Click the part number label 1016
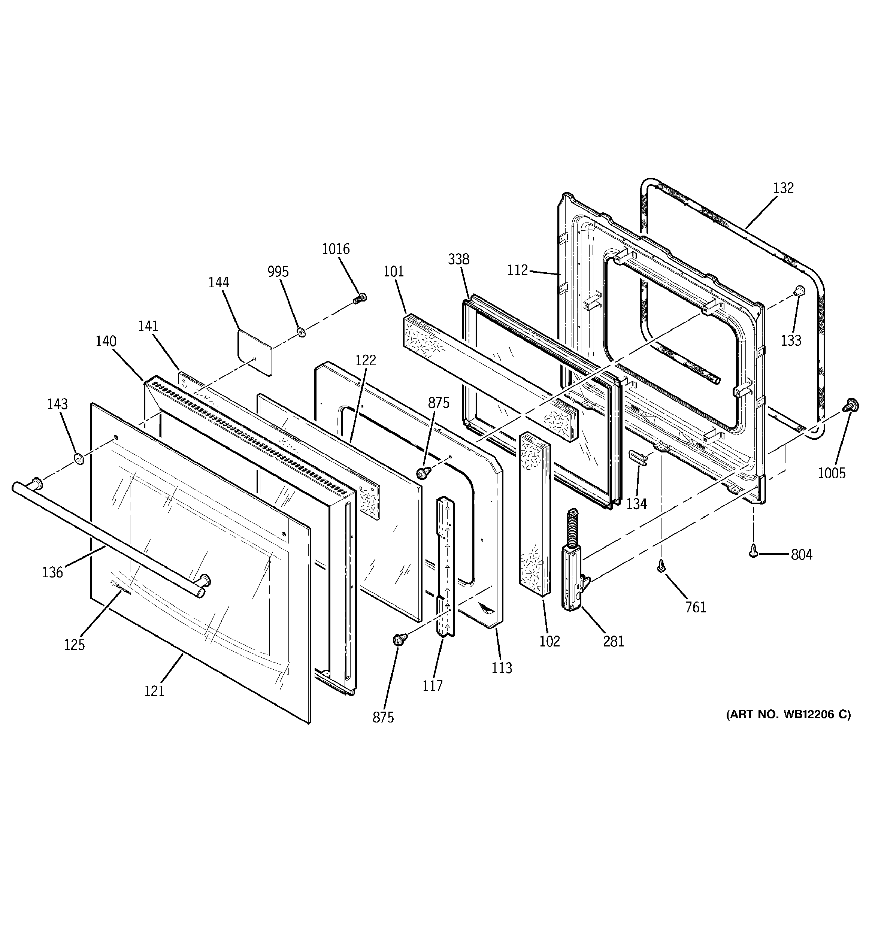point(335,249)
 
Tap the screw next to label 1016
point(360,298)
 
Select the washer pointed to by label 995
point(301,332)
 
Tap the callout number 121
point(154,691)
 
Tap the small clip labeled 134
point(639,457)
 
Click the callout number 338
point(458,259)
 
